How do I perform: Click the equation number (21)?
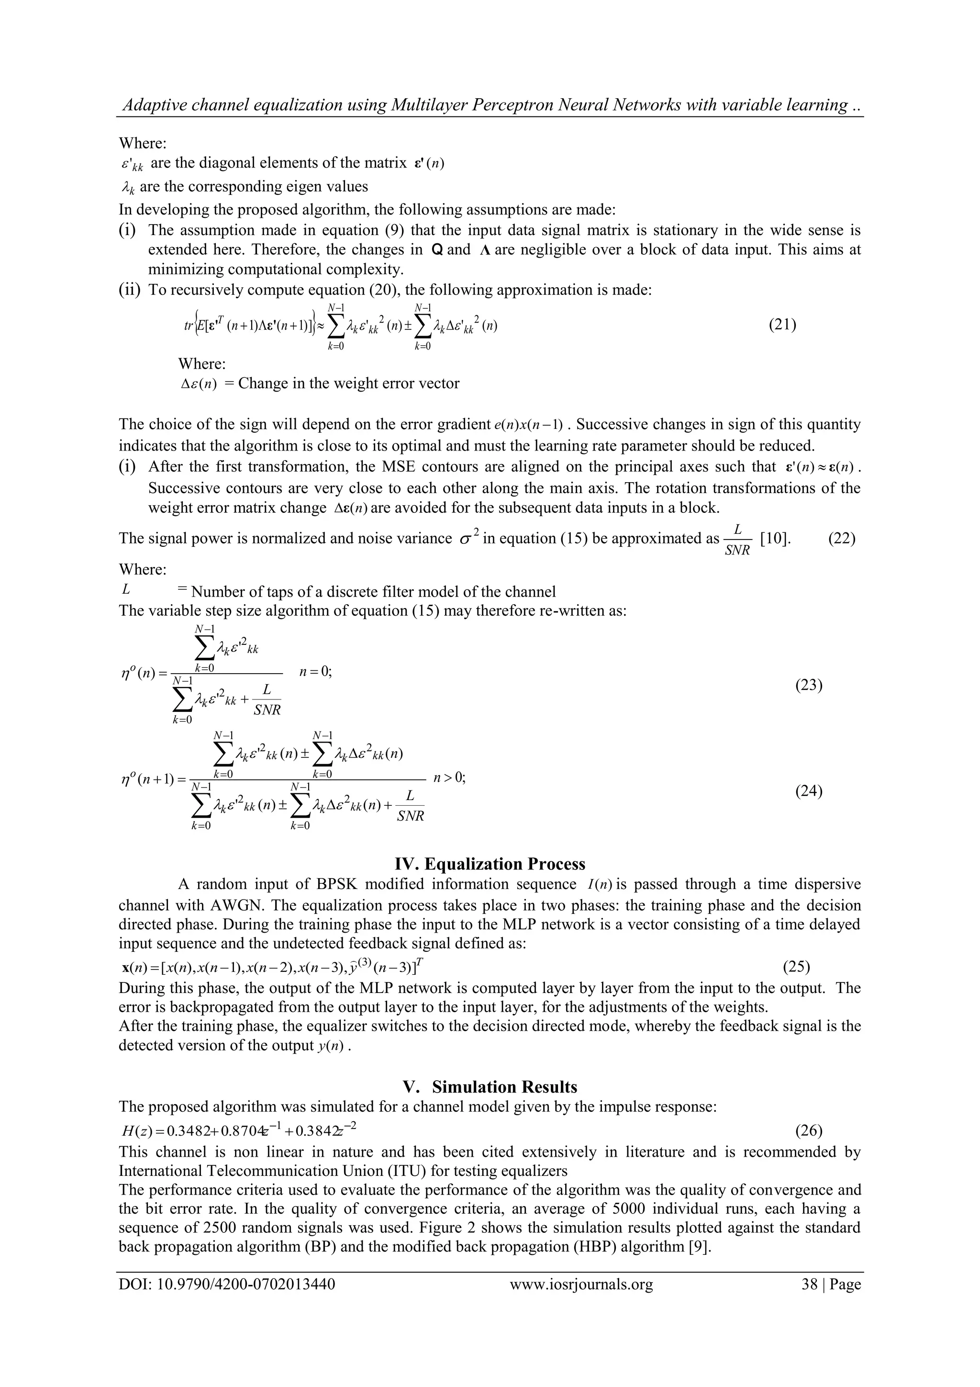coord(782,325)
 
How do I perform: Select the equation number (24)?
coord(809,791)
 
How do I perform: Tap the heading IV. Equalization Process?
coord(490,863)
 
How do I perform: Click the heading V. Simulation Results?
coord(490,1087)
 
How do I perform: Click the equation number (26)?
coord(809,1129)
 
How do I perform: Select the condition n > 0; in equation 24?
coord(449,778)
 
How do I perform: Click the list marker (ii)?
coord(129,290)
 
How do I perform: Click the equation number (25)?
coord(796,967)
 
